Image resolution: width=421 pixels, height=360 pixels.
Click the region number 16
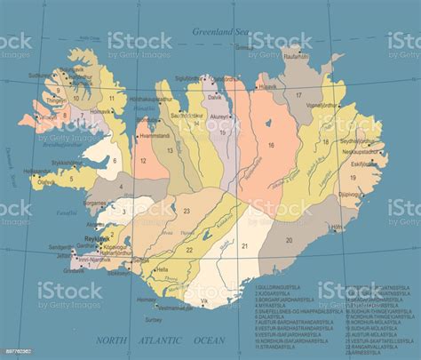(x=272, y=144)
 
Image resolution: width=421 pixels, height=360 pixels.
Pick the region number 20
(x=289, y=240)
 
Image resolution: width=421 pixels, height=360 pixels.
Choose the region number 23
(x=187, y=211)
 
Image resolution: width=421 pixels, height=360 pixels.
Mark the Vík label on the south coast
(x=204, y=301)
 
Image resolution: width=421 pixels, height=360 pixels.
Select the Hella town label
(x=162, y=269)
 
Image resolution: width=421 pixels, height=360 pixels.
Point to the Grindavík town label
(x=75, y=270)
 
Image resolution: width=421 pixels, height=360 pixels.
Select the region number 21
(x=244, y=244)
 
